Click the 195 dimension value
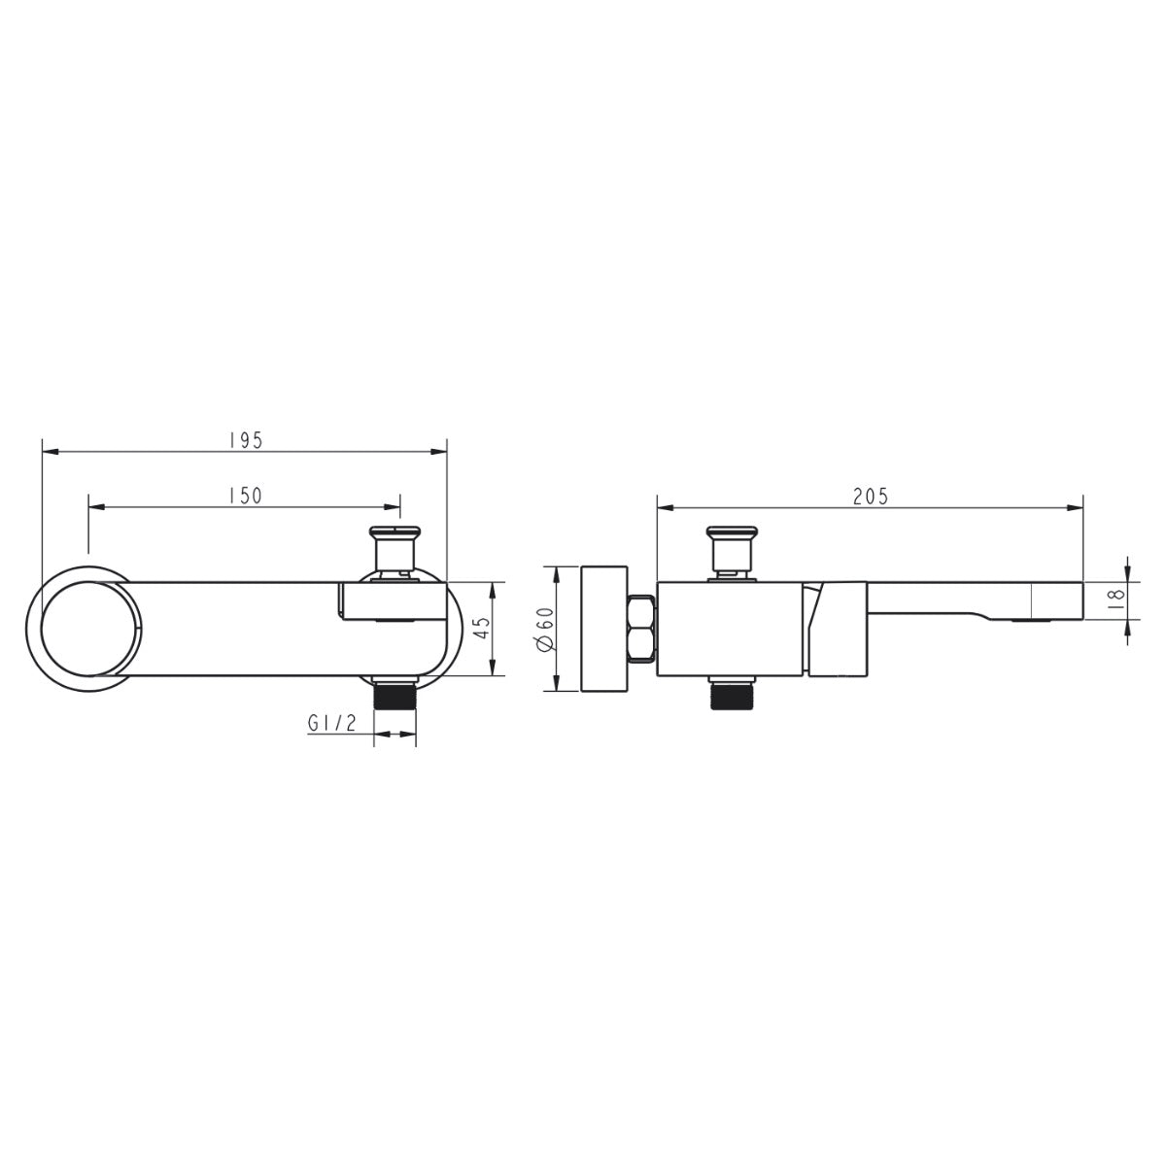[246, 440]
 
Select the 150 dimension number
[246, 496]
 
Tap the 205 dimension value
[871, 497]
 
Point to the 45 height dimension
[482, 628]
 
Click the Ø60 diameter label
[544, 630]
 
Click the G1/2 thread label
[332, 722]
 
